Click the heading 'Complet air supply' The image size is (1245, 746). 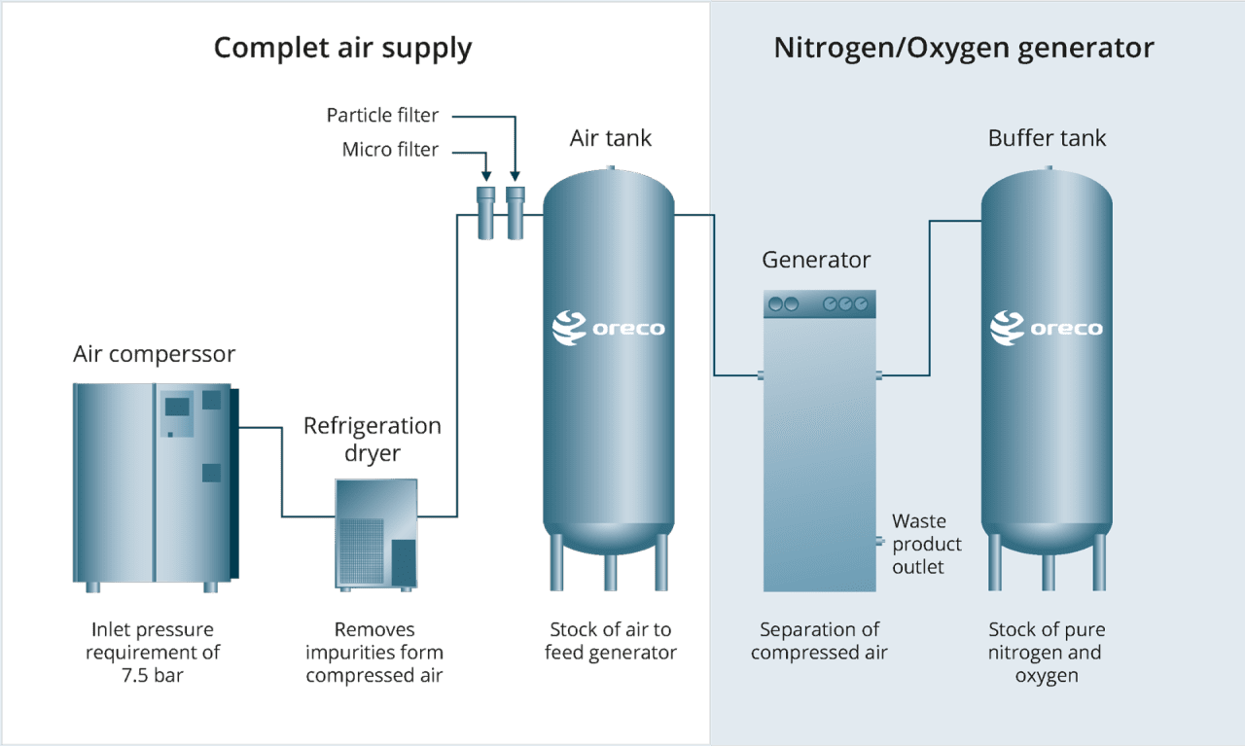pos(342,48)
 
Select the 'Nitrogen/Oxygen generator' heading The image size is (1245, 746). pos(963,48)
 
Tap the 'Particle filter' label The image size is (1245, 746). pos(382,116)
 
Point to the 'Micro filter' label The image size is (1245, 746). pos(390,150)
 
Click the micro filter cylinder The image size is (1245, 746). pos(485,212)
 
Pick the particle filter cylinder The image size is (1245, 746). pos(515,212)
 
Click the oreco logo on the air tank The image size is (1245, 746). pos(609,328)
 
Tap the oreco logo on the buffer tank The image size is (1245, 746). pos(1047,328)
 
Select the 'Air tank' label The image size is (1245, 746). pos(610,138)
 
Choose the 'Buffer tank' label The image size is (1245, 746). pos(1047,138)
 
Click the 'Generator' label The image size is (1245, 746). pos(816,260)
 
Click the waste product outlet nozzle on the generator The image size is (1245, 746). pos(878,543)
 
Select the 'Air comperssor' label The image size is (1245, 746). pos(154,354)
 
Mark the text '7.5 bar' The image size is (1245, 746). pos(153,674)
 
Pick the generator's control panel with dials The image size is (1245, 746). pos(820,304)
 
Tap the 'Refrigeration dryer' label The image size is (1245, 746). pos(372,439)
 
